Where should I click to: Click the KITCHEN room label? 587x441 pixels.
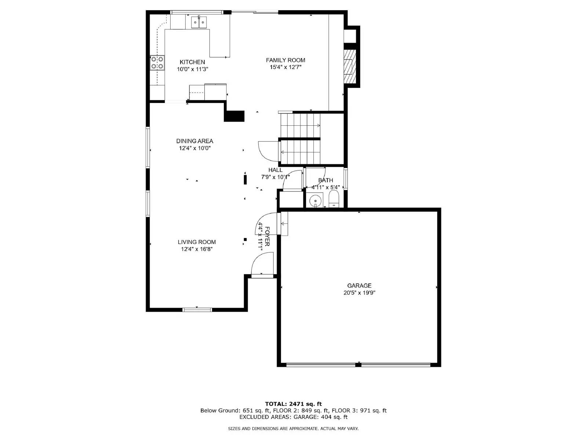192,62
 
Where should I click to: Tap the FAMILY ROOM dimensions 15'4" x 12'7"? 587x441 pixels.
285,67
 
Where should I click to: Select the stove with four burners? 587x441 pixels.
157,63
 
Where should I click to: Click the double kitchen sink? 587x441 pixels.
199,22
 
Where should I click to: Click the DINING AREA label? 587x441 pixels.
194,141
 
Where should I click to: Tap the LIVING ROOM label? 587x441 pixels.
197,242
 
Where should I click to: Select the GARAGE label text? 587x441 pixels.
359,286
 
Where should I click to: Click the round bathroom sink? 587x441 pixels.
315,201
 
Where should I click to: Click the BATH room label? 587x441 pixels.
325,180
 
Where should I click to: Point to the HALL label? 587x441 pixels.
275,170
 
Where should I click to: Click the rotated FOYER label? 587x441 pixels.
267,236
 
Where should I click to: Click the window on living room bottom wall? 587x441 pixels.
197,309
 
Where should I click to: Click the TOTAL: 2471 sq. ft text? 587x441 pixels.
293,404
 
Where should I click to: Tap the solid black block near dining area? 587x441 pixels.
234,116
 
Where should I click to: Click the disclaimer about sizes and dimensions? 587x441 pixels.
293,429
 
